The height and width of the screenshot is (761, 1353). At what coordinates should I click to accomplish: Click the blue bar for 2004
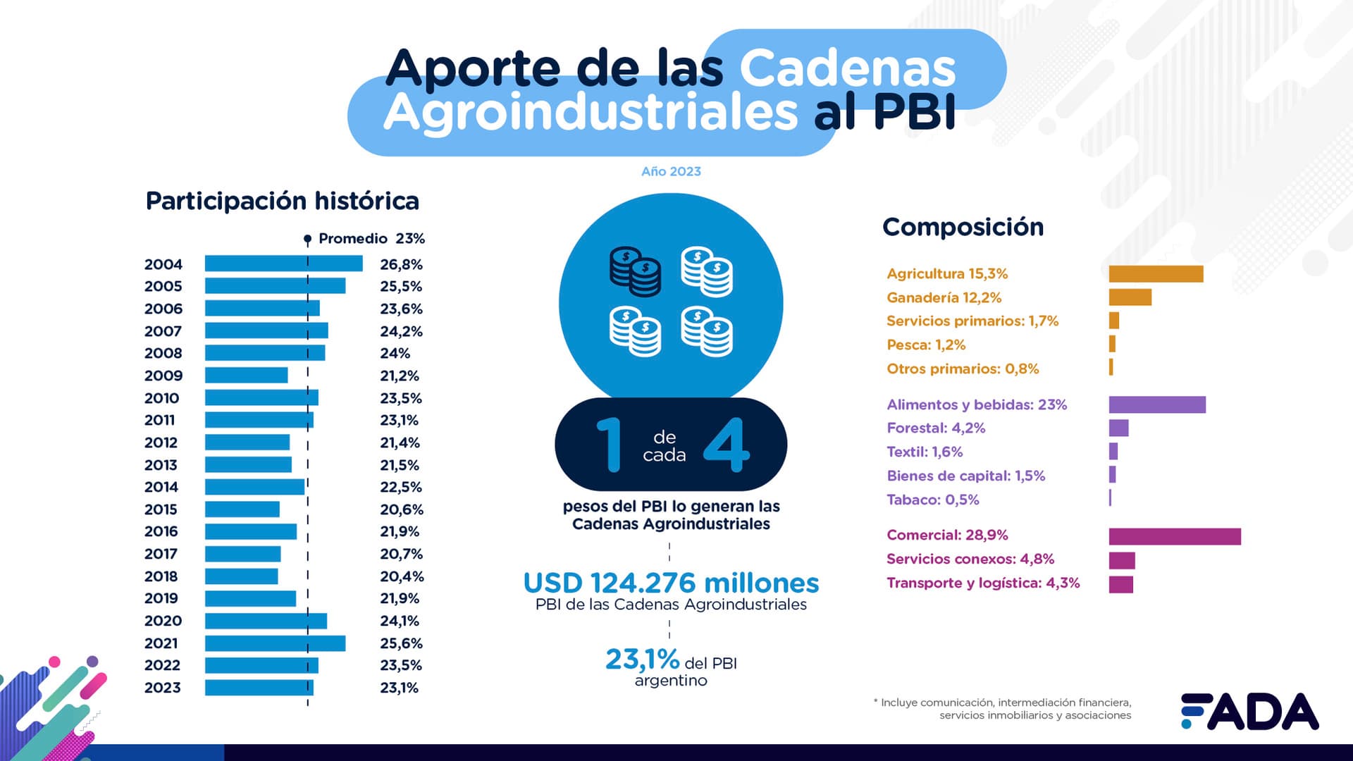pyautogui.click(x=283, y=264)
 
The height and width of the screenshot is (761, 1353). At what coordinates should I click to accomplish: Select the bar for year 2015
pyautogui.click(x=242, y=509)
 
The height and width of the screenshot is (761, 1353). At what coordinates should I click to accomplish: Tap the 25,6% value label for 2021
pyautogui.click(x=401, y=643)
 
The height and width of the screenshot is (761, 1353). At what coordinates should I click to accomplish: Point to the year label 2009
pyautogui.click(x=163, y=376)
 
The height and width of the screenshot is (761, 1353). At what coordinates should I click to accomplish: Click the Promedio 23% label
pyautogui.click(x=371, y=238)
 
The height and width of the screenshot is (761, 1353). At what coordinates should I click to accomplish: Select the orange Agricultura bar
pyautogui.click(x=1156, y=273)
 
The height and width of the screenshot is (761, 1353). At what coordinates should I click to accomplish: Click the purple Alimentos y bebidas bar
pyautogui.click(x=1157, y=404)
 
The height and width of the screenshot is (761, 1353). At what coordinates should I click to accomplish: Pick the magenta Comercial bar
pyautogui.click(x=1175, y=536)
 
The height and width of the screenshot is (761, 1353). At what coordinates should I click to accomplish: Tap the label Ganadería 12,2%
pyautogui.click(x=944, y=297)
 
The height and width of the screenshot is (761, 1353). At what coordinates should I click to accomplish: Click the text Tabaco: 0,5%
pyautogui.click(x=932, y=500)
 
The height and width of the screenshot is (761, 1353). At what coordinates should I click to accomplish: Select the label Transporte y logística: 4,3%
pyautogui.click(x=982, y=583)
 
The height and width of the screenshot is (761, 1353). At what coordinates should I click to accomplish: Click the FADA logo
pyautogui.click(x=1249, y=711)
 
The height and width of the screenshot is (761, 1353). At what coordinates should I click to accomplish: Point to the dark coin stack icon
pyautogui.click(x=635, y=271)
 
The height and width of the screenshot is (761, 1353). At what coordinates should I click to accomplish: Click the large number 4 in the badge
pyautogui.click(x=727, y=445)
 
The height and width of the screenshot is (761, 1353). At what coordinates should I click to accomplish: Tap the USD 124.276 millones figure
pyautogui.click(x=671, y=583)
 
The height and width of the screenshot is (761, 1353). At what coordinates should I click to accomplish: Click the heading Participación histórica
pyautogui.click(x=282, y=201)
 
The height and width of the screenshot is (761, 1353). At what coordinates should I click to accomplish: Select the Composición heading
pyautogui.click(x=963, y=227)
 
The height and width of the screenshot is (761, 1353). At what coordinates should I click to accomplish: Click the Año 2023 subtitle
pyautogui.click(x=671, y=171)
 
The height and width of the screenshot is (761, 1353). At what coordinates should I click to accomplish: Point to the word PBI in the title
pyautogui.click(x=914, y=112)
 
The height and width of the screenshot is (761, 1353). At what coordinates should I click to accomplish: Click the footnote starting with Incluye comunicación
pyautogui.click(x=1003, y=708)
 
